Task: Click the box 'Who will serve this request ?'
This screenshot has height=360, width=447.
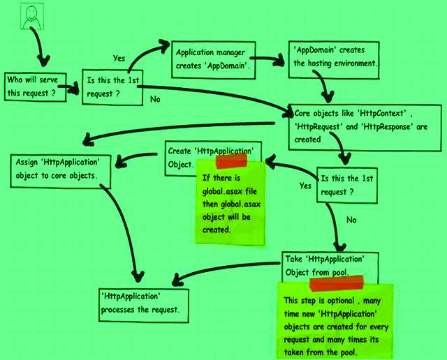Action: [x=36, y=86]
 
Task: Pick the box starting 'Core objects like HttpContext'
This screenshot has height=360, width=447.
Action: [x=363, y=124]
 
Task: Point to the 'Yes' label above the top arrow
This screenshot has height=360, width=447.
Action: [x=119, y=58]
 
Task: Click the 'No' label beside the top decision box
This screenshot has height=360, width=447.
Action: [x=156, y=99]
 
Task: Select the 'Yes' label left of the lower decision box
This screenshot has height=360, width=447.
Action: [x=305, y=186]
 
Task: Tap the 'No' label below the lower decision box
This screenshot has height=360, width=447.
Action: [x=352, y=220]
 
